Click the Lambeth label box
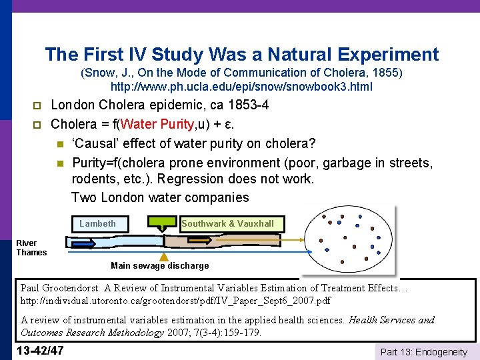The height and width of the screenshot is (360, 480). (x=98, y=224)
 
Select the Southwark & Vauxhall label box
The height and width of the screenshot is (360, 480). (x=227, y=224)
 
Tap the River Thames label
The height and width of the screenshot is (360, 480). (x=31, y=248)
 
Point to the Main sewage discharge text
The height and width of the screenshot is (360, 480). (x=159, y=265)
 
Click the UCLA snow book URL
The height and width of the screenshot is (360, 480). (x=241, y=87)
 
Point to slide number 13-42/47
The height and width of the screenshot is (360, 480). (x=42, y=351)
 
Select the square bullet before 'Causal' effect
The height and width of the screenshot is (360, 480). (x=59, y=143)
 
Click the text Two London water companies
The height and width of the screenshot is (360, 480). (x=159, y=197)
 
